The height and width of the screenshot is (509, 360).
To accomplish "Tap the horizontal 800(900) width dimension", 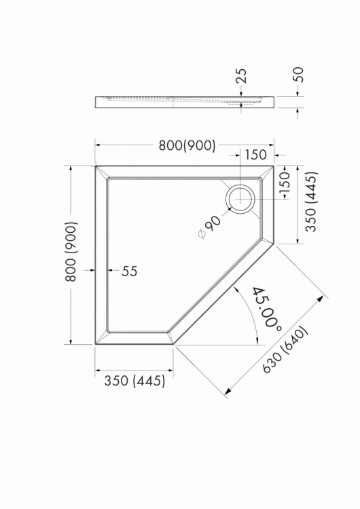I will [187, 145].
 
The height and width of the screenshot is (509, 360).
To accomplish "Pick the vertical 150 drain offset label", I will [285, 181].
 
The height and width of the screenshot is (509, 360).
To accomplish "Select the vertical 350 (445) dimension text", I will [311, 202].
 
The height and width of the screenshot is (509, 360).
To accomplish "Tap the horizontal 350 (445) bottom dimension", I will [135, 381].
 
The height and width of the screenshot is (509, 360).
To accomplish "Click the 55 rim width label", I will [130, 271].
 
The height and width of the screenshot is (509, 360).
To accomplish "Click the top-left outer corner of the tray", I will [95, 166].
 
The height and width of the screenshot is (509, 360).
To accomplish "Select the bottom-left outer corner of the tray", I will [95, 344].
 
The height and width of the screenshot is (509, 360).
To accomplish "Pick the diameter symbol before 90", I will [202, 234].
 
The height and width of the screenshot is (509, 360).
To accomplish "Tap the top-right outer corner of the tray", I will [273, 166].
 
